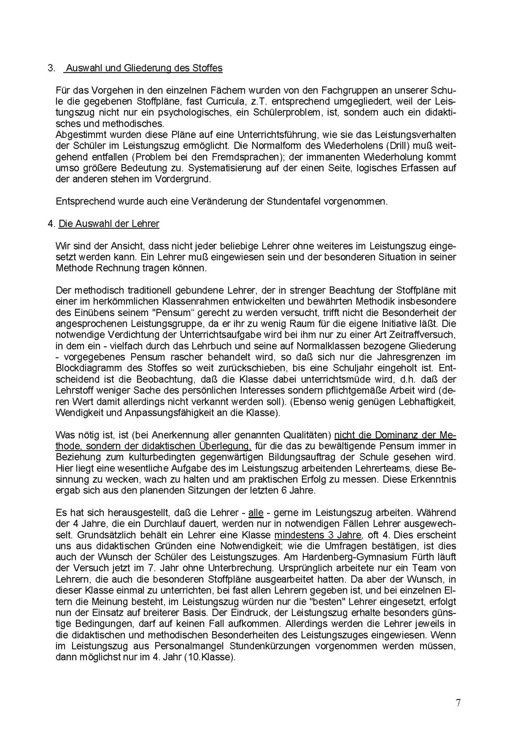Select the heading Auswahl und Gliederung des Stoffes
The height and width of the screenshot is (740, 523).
pos(144,68)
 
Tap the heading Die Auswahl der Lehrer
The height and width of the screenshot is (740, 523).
pos(109,224)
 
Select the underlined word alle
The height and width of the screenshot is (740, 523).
pos(256,513)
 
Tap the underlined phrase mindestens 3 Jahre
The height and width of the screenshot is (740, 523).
pos(317,535)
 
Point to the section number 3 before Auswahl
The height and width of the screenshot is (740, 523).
pos(51,68)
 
